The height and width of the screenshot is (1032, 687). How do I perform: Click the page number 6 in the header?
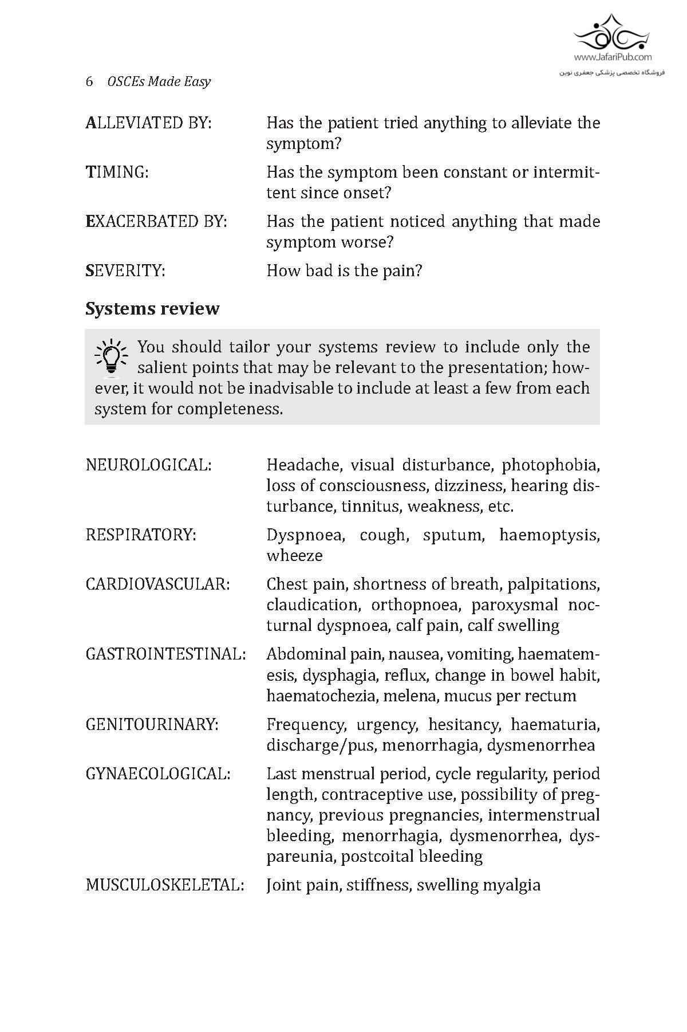(89, 81)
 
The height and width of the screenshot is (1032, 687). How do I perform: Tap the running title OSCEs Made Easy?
(159, 81)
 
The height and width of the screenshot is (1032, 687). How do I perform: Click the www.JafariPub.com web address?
(613, 57)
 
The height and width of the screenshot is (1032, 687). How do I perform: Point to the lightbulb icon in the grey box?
(111, 359)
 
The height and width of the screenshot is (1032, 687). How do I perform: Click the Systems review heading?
(152, 309)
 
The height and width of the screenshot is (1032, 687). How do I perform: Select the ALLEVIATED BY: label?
(148, 123)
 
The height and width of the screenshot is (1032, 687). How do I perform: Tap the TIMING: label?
(117, 172)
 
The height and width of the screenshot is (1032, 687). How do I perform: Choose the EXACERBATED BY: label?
(156, 221)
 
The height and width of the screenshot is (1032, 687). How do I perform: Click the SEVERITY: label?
(125, 270)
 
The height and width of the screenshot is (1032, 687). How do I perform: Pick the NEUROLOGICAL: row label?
(148, 465)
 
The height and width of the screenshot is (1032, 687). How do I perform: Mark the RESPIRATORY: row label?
(141, 535)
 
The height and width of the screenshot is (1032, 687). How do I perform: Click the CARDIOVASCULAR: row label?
(157, 584)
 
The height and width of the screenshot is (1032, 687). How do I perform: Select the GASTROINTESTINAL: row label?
(165, 654)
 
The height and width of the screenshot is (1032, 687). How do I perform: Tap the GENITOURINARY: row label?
(152, 724)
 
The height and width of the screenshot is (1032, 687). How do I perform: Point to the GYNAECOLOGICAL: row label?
(158, 774)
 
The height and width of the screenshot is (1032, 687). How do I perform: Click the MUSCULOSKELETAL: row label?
(165, 885)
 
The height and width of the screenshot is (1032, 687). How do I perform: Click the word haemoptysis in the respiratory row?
(549, 535)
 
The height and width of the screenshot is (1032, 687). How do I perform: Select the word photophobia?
(551, 465)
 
